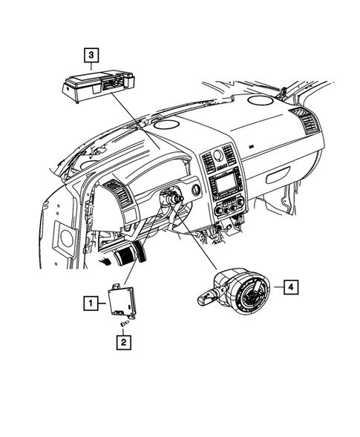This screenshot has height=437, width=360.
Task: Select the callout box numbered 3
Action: click(90, 54)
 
